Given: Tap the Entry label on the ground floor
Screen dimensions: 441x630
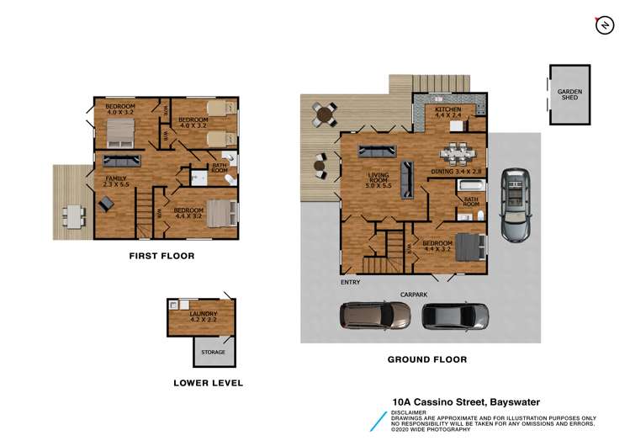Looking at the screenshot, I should (x=350, y=282).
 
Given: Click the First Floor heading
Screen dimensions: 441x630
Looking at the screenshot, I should (x=161, y=255).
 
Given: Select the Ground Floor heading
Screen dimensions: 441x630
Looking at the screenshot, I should (x=426, y=359).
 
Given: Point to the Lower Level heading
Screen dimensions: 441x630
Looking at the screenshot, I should (x=208, y=383).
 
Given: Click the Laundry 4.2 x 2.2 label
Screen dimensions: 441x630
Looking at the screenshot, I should (x=203, y=316).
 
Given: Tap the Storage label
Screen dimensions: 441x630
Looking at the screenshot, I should (x=213, y=352).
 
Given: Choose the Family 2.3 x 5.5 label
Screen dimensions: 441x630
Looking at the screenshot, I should (x=115, y=183).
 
